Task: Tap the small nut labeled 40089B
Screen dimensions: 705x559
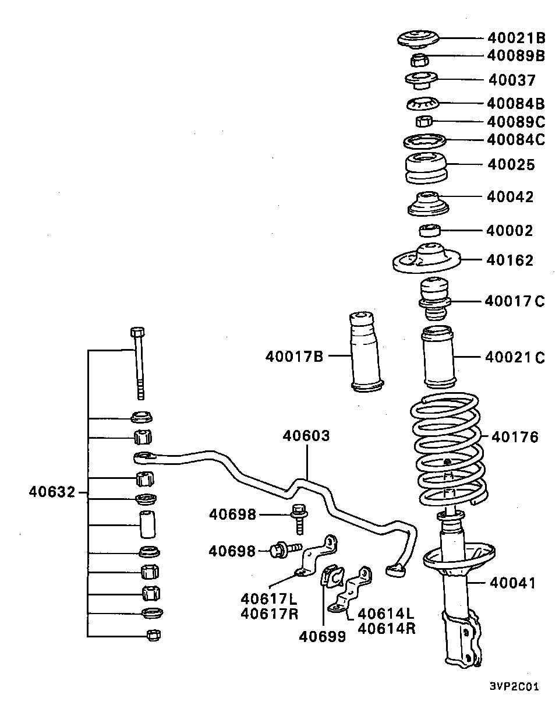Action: point(420,59)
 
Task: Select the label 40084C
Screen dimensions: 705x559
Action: point(515,140)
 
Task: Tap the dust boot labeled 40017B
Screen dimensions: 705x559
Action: point(365,354)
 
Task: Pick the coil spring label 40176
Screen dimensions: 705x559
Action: point(515,436)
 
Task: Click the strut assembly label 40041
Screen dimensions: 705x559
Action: point(512,582)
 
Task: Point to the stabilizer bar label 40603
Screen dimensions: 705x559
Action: point(306,436)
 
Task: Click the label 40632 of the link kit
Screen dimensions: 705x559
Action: point(52,492)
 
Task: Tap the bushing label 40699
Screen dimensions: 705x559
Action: point(322,637)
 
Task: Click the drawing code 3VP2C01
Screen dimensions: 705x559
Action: point(514,686)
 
